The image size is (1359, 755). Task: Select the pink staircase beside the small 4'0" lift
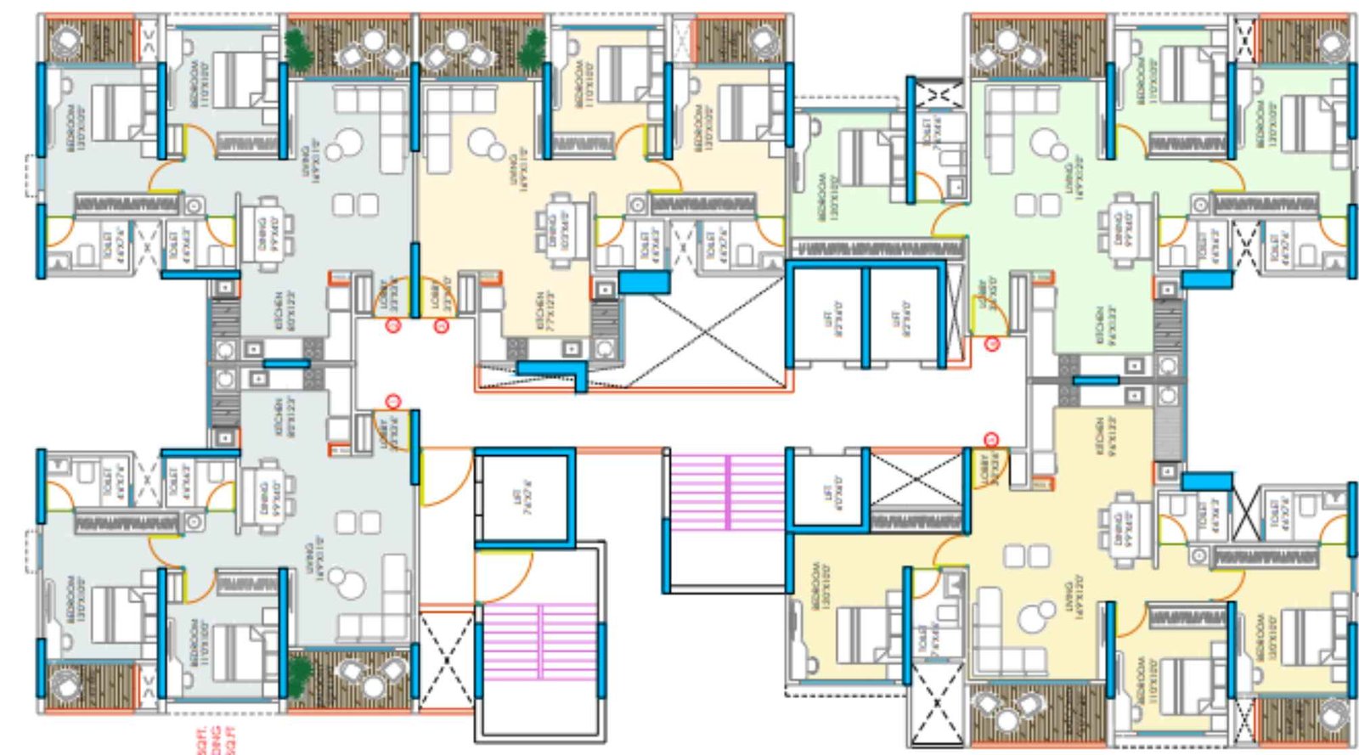pos(727,492)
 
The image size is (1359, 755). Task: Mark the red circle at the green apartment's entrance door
pos(992,343)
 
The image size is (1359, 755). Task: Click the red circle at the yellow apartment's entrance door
pos(991,438)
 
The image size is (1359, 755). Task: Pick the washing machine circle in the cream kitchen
pos(604,348)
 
